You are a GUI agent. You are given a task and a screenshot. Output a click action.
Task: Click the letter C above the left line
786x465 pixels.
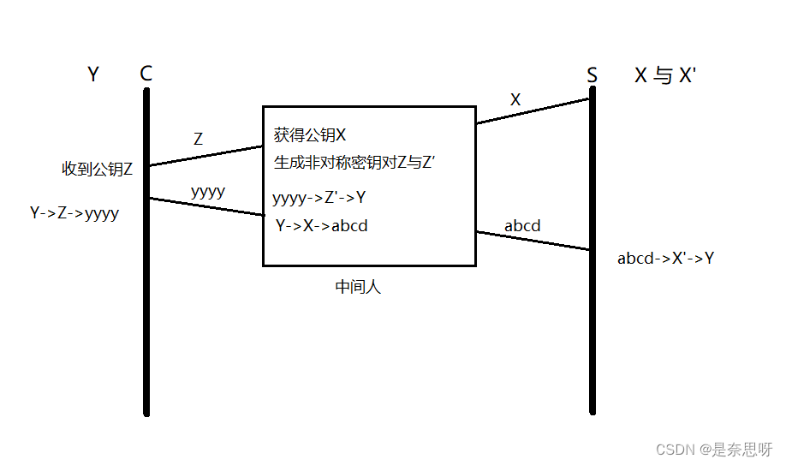tap(146, 74)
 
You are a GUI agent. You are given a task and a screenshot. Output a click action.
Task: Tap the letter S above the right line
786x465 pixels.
tap(592, 75)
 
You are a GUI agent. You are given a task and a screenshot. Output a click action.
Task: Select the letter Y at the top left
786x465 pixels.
tap(93, 75)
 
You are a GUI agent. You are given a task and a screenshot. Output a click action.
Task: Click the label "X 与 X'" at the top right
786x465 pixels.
tap(665, 75)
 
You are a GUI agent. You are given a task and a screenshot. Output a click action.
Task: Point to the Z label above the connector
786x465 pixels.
tap(199, 139)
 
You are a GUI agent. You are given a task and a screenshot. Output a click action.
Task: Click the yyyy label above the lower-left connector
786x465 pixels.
tap(208, 191)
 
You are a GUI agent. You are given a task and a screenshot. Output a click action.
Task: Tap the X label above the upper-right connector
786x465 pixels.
tap(515, 99)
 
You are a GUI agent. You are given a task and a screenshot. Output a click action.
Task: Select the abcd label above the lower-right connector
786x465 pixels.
tap(522, 226)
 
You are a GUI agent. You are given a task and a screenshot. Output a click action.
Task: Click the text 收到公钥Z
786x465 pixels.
tap(98, 169)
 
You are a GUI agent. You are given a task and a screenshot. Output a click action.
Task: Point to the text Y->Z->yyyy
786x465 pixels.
tap(74, 213)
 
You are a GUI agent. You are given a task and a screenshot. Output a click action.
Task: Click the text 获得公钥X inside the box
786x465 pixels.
tap(310, 135)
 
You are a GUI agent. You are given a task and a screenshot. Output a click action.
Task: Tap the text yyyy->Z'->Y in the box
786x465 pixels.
tap(319, 199)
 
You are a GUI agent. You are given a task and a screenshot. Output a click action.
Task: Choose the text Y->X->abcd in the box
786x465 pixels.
tap(322, 226)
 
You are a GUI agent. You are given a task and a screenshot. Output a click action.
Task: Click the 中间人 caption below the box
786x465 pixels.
tap(358, 287)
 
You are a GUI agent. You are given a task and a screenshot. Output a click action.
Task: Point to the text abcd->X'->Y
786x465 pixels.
tap(665, 258)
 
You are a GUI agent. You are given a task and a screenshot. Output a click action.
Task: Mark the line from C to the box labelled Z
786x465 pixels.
tap(205, 156)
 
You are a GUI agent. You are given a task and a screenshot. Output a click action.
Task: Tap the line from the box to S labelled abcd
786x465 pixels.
tap(533, 241)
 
